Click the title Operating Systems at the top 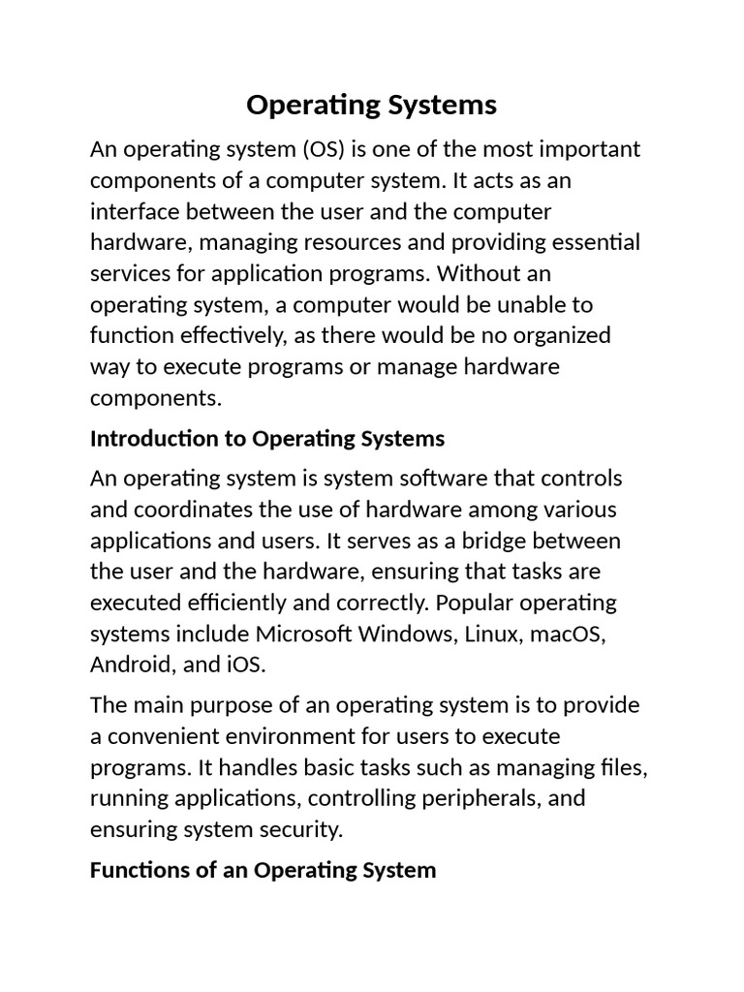click(x=371, y=105)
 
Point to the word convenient click(x=159, y=737)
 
